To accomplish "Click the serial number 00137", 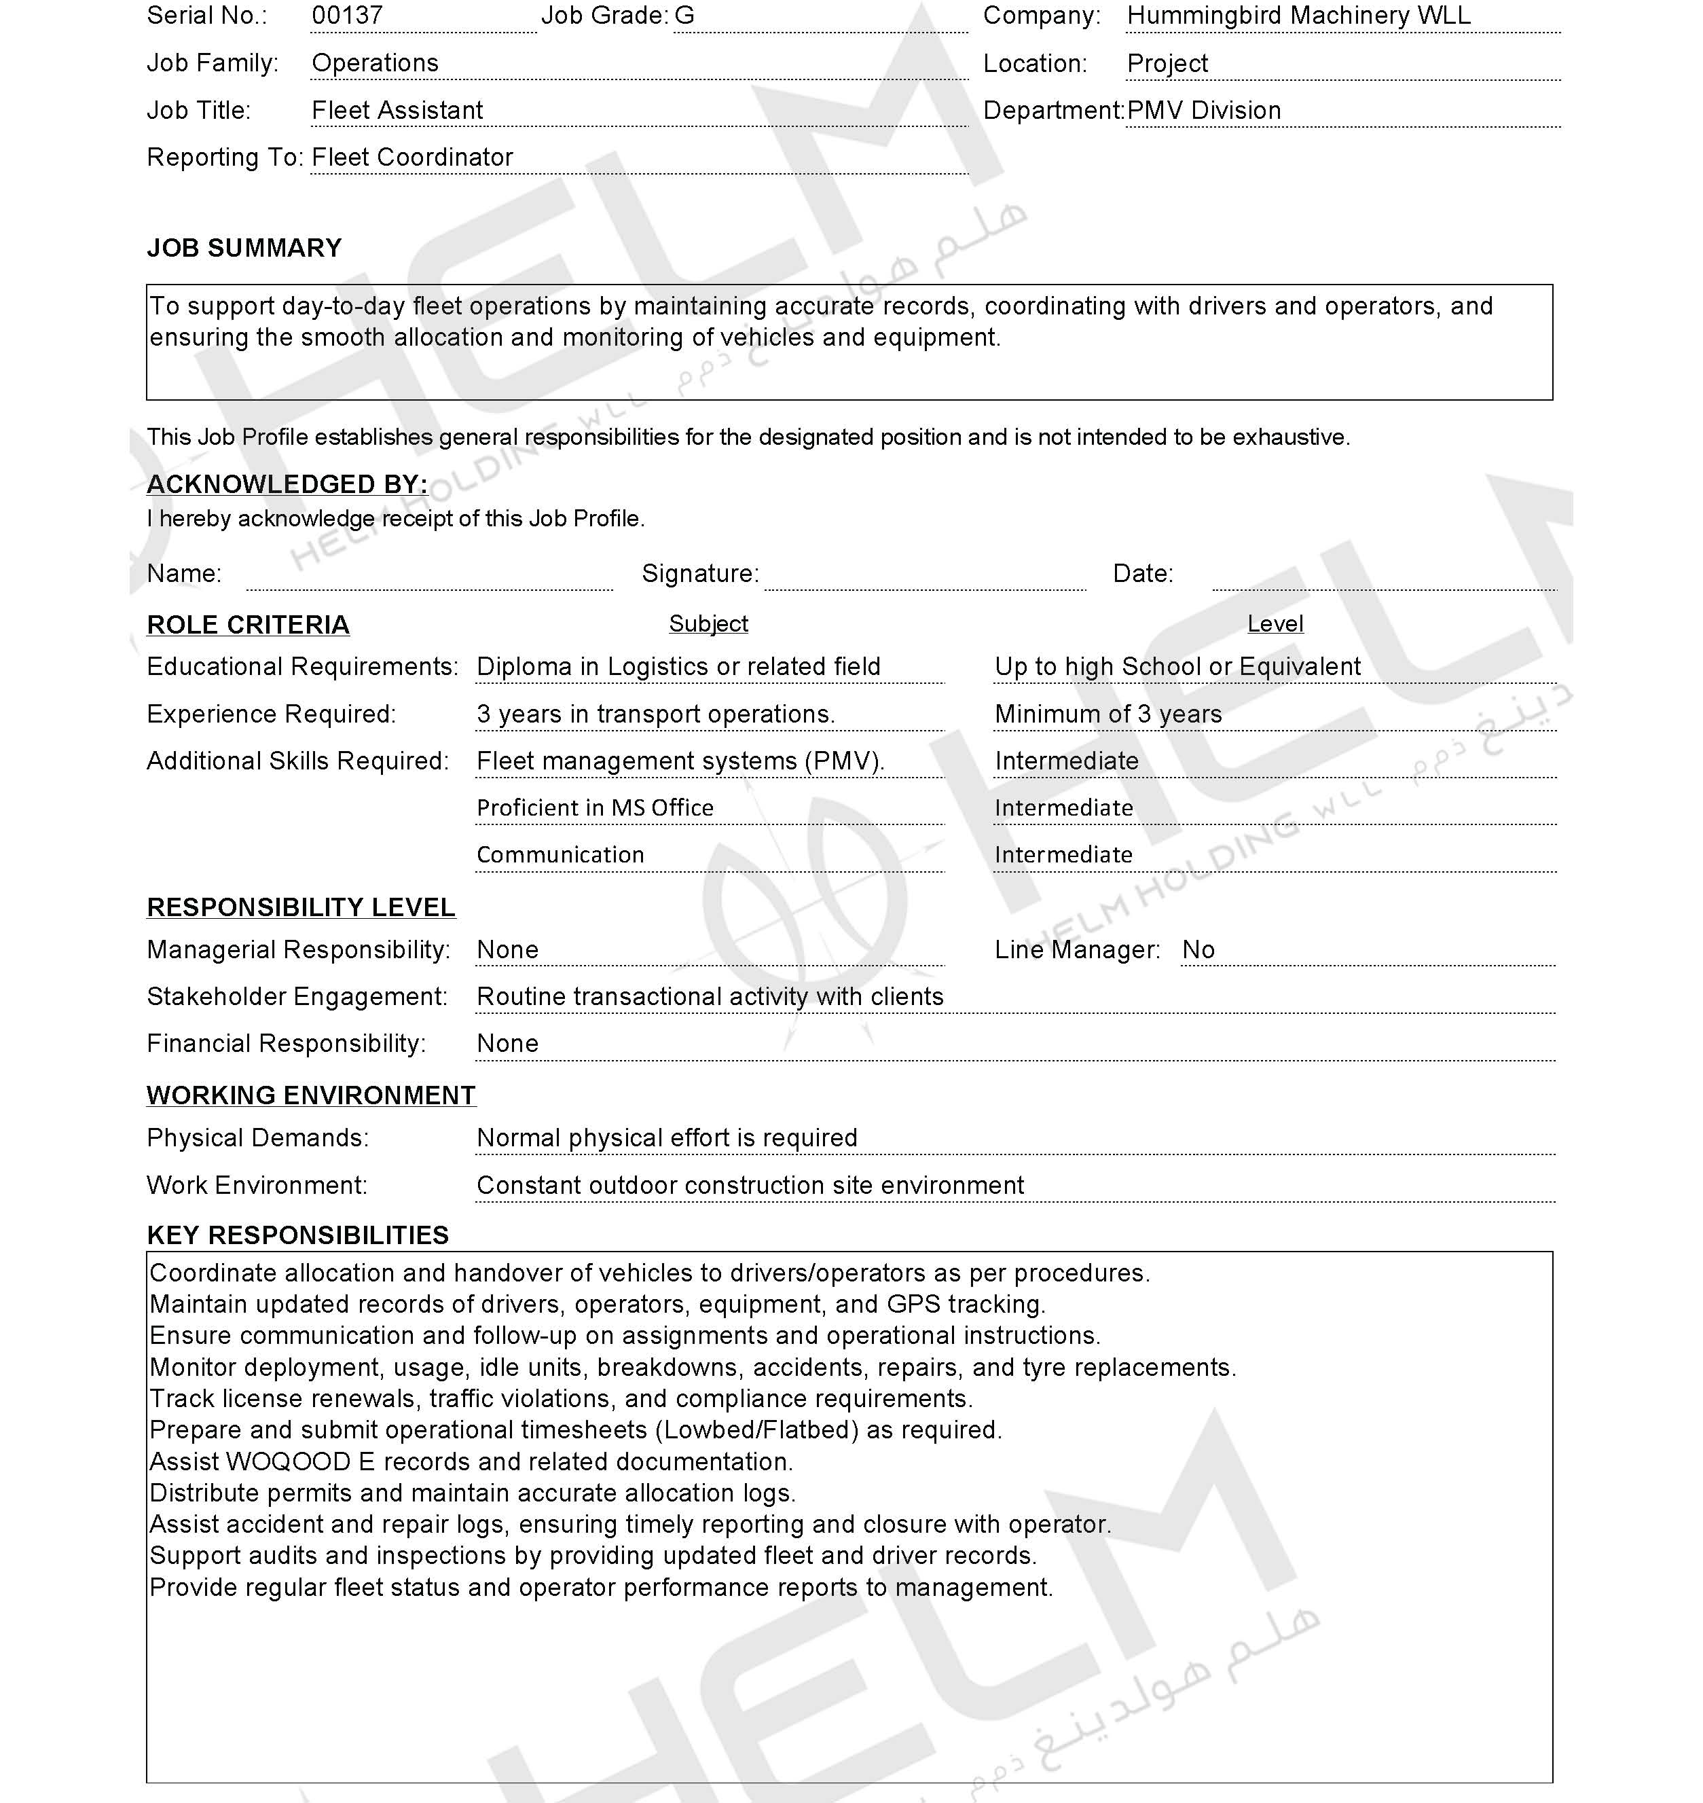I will [x=347, y=16].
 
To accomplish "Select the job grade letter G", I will [x=684, y=16].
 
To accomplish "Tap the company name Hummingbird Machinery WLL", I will [x=1298, y=16].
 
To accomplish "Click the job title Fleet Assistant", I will [x=397, y=111].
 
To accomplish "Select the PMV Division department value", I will [x=1204, y=111].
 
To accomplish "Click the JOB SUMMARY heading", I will [x=244, y=249].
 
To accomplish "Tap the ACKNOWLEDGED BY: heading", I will [x=287, y=485].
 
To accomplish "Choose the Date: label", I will [x=1143, y=574].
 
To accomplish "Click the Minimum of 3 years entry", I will [x=1107, y=714].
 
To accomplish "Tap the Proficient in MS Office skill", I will [x=595, y=808].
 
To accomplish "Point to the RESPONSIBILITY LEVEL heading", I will [x=301, y=908].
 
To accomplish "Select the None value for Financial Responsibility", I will [x=507, y=1044].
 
